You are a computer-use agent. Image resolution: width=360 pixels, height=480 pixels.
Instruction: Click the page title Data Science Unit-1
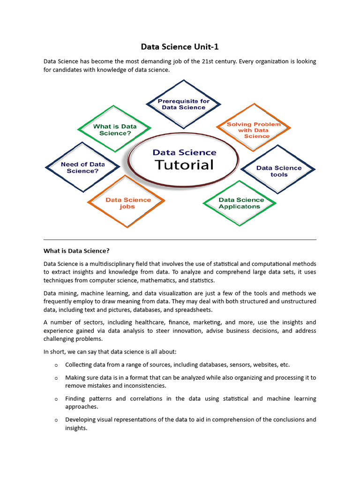(x=180, y=47)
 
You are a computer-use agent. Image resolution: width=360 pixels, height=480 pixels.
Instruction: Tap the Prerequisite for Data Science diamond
(x=183, y=104)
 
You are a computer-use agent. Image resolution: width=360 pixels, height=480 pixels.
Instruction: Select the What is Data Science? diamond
(x=115, y=129)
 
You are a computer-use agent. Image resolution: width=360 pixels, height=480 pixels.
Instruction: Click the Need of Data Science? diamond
(x=82, y=167)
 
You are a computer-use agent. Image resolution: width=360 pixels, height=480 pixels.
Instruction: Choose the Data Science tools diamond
(x=278, y=171)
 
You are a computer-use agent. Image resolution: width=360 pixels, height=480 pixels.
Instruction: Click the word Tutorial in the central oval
(x=184, y=165)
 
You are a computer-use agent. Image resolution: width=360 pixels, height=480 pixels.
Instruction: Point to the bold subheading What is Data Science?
(x=76, y=250)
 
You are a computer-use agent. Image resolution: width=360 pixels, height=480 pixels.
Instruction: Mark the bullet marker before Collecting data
(x=56, y=365)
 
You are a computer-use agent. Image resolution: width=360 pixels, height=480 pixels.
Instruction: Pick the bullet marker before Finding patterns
(x=56, y=399)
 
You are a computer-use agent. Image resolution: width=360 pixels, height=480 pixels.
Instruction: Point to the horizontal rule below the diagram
(x=180, y=240)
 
